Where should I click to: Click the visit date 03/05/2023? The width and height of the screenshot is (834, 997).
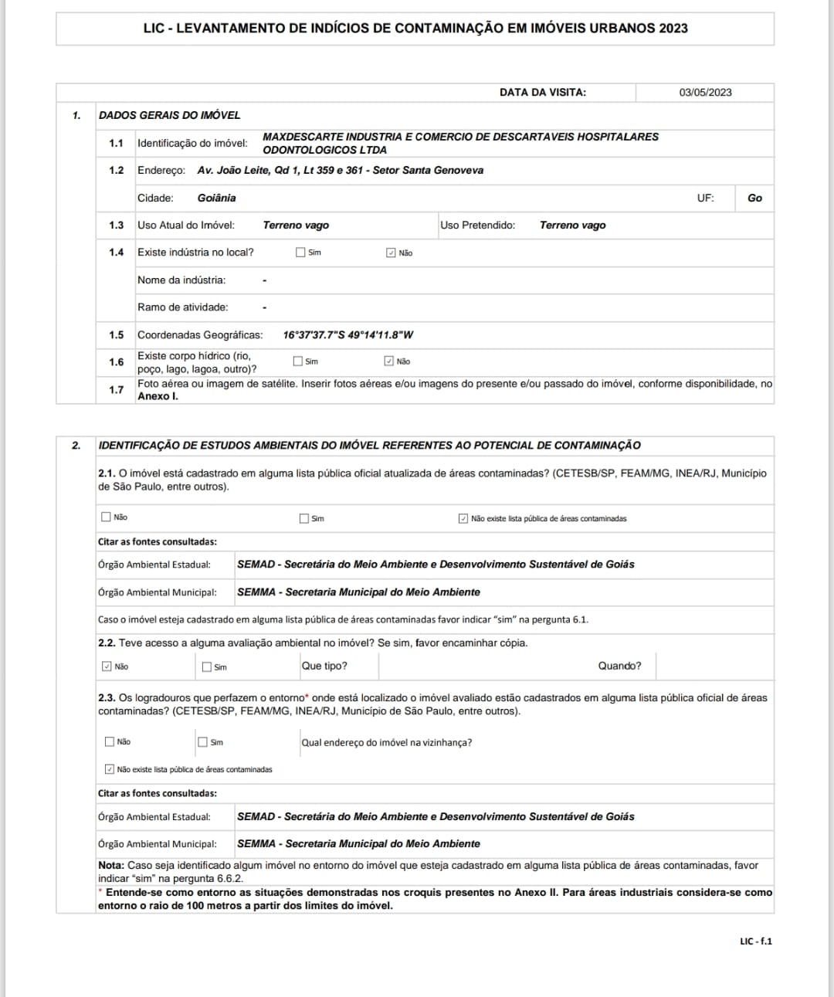(x=705, y=93)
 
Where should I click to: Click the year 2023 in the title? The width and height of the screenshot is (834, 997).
(x=673, y=29)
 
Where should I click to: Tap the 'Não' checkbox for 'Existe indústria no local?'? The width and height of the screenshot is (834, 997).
(x=391, y=253)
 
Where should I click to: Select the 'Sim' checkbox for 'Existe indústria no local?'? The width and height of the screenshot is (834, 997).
(x=300, y=253)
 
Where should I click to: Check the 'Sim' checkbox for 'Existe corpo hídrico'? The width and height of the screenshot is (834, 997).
(x=298, y=361)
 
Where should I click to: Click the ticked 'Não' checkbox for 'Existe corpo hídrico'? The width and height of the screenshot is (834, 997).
(x=388, y=361)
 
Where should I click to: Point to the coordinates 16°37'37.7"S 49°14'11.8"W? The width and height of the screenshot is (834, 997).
(x=347, y=335)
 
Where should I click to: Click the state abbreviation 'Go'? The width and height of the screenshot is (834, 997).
(x=754, y=198)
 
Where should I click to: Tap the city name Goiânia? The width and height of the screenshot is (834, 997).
(x=216, y=198)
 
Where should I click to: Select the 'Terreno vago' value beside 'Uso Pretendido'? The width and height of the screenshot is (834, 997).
(x=572, y=226)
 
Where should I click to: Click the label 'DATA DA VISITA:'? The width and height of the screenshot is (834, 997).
(x=542, y=93)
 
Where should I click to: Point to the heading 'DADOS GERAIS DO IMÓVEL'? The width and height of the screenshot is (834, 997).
(x=169, y=115)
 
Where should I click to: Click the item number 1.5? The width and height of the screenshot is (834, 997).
(x=116, y=335)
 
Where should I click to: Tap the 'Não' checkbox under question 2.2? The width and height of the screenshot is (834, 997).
(x=107, y=666)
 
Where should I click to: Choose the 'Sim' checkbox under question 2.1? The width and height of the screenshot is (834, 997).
(x=304, y=518)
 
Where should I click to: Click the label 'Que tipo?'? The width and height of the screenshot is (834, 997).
(x=324, y=666)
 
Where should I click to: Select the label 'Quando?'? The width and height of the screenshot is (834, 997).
(x=619, y=666)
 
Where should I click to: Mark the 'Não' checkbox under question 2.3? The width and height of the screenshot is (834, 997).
(x=109, y=741)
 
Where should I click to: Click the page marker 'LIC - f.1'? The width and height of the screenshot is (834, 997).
(x=755, y=941)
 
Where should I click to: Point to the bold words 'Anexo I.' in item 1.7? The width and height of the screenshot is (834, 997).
(x=158, y=396)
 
